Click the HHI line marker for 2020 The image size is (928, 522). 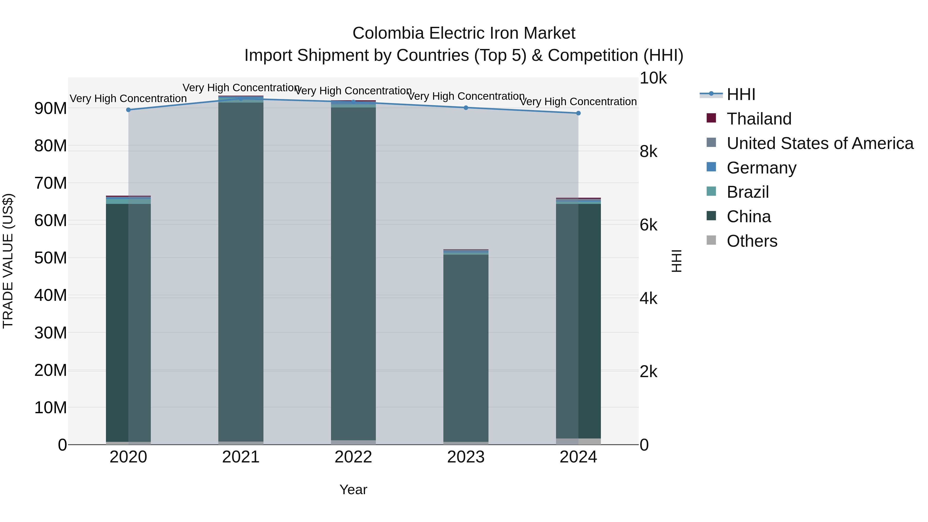[x=128, y=110]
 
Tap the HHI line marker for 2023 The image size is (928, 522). [x=466, y=108]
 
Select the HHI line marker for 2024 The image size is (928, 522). [x=578, y=113]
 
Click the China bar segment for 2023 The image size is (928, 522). [x=466, y=348]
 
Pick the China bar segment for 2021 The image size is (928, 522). [x=241, y=272]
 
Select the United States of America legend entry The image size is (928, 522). [x=819, y=143]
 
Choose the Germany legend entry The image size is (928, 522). [x=761, y=168]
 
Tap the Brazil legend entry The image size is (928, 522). [x=748, y=192]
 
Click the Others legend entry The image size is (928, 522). [x=752, y=241]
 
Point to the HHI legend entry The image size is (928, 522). [x=741, y=94]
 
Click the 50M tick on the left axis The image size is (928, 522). [x=51, y=258]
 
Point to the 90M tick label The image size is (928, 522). [x=51, y=109]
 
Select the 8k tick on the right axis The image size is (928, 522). [x=649, y=152]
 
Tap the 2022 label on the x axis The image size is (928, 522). [x=353, y=457]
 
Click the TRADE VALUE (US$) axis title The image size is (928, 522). [x=8, y=261]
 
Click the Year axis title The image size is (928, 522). [x=353, y=490]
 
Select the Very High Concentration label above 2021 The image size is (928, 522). [x=241, y=88]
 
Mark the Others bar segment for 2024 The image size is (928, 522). [x=578, y=441]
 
